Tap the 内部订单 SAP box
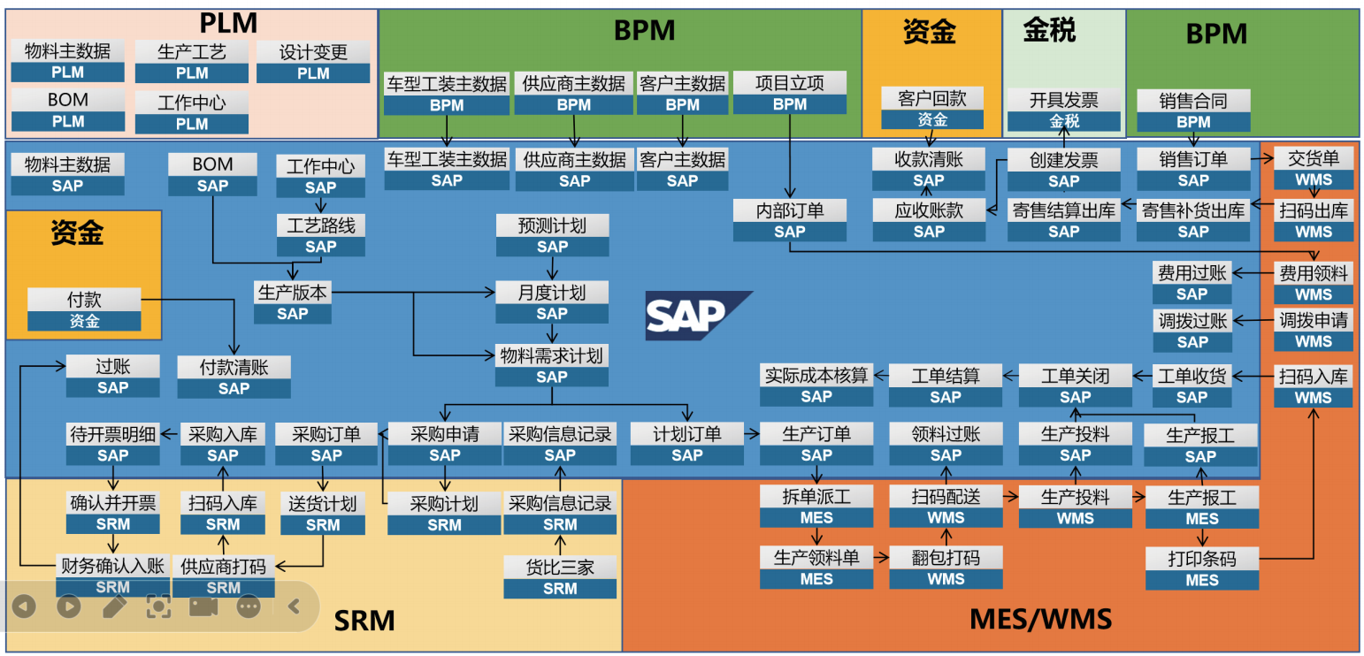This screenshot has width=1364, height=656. [x=790, y=220]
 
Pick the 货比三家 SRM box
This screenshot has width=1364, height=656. [x=560, y=577]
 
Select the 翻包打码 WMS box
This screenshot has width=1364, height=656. [x=946, y=568]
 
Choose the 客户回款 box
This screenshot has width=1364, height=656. [x=931, y=109]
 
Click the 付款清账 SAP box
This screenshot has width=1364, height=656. [x=234, y=377]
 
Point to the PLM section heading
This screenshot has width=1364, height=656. [x=228, y=22]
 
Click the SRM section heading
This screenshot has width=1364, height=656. [x=364, y=621]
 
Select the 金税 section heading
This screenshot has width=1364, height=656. [x=1049, y=31]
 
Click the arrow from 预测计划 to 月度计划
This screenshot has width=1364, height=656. [x=553, y=269]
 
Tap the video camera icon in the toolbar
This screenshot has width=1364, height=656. [x=203, y=606]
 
